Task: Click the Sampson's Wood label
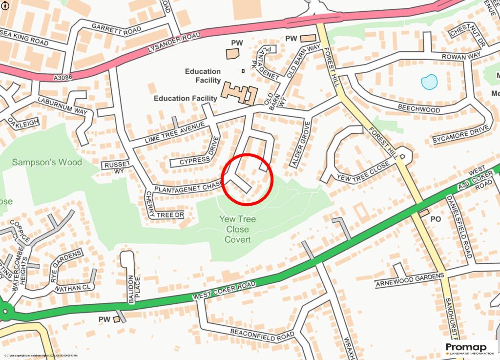(47, 162)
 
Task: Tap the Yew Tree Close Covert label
(237, 230)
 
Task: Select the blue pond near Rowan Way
(429, 82)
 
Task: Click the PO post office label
(436, 219)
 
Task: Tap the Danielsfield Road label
(459, 227)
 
